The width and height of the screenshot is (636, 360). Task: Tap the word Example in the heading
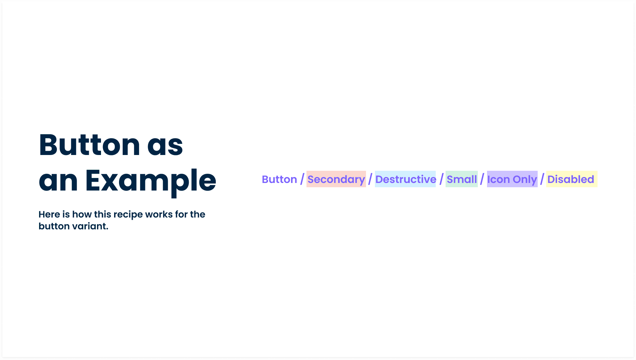pos(151,181)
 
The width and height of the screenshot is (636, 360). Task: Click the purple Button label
pos(280,179)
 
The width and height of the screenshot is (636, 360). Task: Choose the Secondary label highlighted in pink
pos(336,179)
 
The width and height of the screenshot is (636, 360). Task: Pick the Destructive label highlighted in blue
pos(405,179)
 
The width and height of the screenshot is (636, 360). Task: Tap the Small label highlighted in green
pos(462,179)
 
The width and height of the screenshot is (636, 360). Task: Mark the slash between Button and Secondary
pos(302,179)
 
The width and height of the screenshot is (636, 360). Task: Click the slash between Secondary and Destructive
pos(370,179)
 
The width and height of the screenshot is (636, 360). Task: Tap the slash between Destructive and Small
pos(441,179)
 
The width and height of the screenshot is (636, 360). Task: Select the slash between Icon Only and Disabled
pos(542,179)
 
